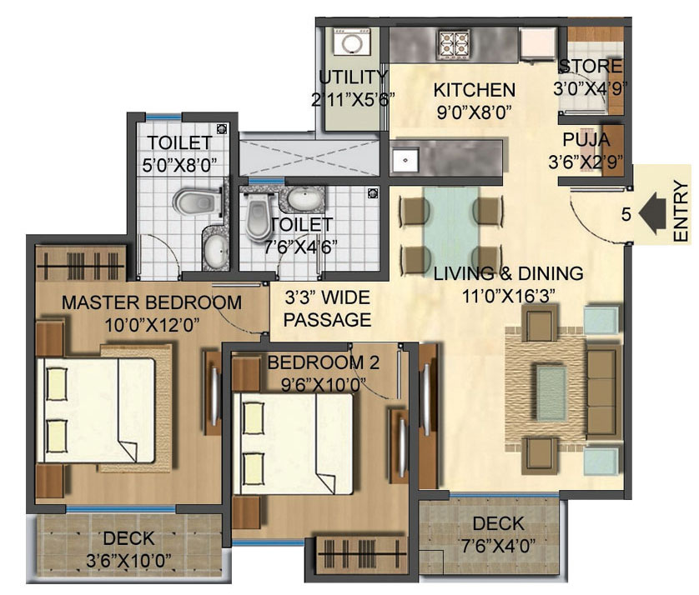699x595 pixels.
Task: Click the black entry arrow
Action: (x=652, y=213)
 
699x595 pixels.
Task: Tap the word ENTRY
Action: (x=681, y=211)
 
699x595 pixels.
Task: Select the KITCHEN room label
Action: (x=475, y=90)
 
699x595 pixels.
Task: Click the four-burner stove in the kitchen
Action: (x=454, y=44)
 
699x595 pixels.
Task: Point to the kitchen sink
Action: (x=405, y=160)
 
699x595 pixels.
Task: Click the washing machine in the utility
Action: (x=352, y=42)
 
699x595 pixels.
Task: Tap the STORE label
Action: (x=591, y=67)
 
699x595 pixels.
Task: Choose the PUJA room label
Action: (x=586, y=140)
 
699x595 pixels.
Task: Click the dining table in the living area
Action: (x=451, y=232)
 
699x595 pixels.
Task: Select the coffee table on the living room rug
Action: (x=551, y=393)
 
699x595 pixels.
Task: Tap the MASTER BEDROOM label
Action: (x=152, y=302)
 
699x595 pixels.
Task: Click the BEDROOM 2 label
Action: (x=323, y=362)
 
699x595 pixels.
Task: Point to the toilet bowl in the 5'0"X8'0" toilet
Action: (x=197, y=202)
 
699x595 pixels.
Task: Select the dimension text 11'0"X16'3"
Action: (x=508, y=296)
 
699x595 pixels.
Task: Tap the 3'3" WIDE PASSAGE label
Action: (x=328, y=308)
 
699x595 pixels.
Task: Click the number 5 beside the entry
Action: (x=626, y=214)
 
